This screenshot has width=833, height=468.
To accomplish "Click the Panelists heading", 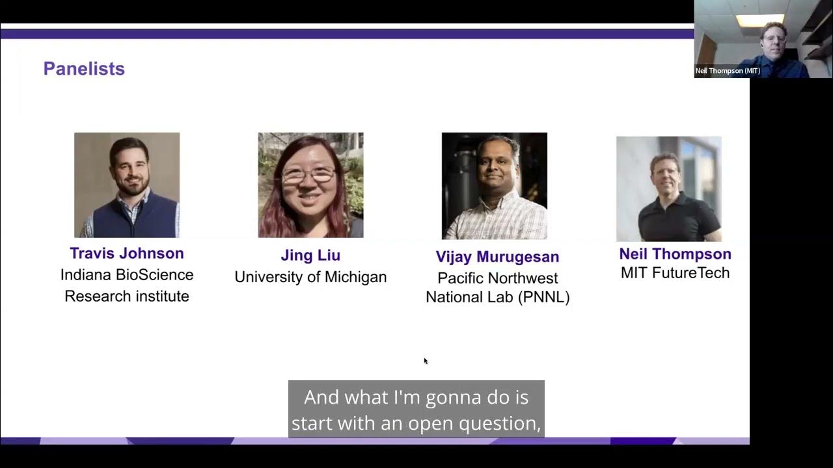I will pos(84,69).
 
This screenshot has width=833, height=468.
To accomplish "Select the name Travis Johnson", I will pos(127,253).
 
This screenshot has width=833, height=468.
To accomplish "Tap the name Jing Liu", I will pos(310,255).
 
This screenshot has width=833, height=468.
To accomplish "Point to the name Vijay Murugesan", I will pos(497,257).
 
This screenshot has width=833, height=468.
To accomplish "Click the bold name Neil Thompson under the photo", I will pos(675,254).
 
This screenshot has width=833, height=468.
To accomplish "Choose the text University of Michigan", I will pos(310,277).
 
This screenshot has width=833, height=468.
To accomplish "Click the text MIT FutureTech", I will pos(675,273).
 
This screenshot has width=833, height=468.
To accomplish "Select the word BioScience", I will pos(157,275).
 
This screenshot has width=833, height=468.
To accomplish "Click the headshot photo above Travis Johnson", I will pos(127,185).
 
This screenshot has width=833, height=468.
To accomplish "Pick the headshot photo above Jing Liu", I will pos(310,185).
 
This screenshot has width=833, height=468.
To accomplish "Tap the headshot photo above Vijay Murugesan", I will pos(495,186).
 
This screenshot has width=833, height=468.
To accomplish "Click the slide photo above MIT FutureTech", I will pos(669,188).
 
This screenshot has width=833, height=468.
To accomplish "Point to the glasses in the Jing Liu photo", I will pos(308,174).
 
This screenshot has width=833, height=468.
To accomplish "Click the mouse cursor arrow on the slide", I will pos(425,360).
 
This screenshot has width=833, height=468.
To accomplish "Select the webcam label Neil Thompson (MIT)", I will pos(728,71).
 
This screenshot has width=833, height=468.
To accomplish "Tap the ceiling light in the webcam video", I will pos(759,20).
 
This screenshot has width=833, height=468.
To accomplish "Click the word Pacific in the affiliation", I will pos(463,278).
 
